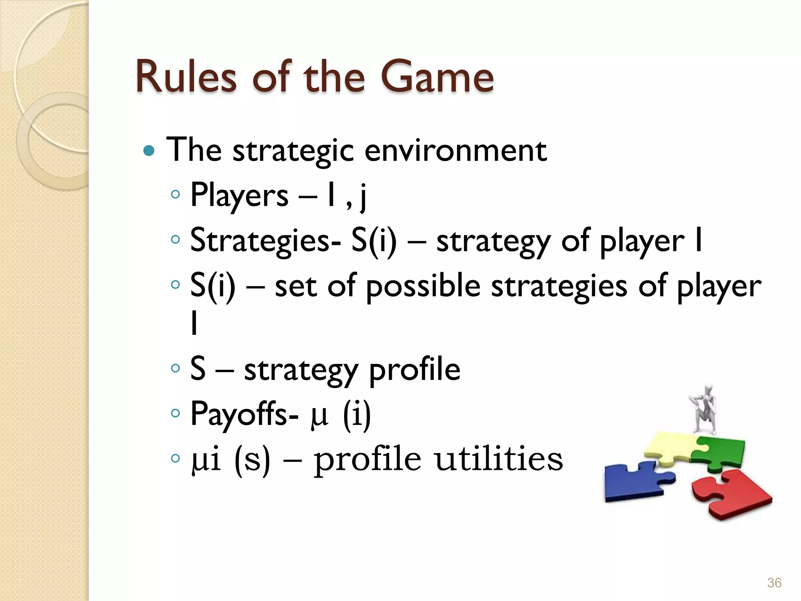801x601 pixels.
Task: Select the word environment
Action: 455,150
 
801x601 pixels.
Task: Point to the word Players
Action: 239,195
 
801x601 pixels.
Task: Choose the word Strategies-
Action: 266,241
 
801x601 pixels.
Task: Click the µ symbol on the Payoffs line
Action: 319,416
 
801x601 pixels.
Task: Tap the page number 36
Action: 774,583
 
